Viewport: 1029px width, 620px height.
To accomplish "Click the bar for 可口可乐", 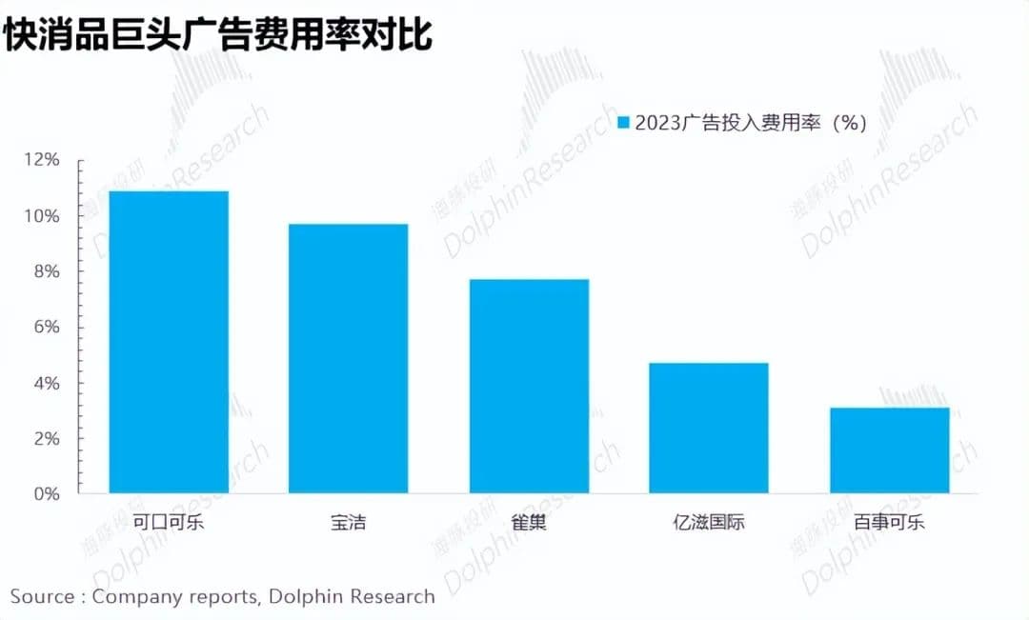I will pos(169,343).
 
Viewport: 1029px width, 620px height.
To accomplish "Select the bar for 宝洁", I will pos(349,359).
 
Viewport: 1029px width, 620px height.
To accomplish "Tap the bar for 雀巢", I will pos(529,387).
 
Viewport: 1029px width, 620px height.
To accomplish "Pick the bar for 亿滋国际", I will pos(709,429).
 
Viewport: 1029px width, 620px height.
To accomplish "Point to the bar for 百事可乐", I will pos(889,450).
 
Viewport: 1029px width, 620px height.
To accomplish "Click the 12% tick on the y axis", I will pos(42,160).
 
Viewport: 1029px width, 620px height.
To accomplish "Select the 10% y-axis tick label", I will pos(42,216).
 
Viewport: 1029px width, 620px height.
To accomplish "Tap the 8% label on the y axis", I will pos(46,271).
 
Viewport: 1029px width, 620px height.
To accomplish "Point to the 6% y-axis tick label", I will pos(46,328).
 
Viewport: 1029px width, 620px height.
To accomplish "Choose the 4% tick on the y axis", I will pos(46,383).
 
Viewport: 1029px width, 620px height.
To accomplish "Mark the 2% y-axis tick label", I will pos(46,439).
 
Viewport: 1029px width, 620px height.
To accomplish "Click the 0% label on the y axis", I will pos(46,494).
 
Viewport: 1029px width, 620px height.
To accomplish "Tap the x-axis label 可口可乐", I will pos(169,522).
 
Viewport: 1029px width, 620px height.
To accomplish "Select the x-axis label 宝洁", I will pos(349,522).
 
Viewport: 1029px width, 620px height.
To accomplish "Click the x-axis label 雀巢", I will pos(529,522).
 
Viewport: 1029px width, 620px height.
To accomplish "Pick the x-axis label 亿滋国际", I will pos(709,522).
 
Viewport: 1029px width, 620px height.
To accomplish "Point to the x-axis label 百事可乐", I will pos(889,522).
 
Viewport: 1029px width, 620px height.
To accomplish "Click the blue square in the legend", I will pos(624,123).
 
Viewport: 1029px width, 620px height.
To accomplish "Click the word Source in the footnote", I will pos(42,597).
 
